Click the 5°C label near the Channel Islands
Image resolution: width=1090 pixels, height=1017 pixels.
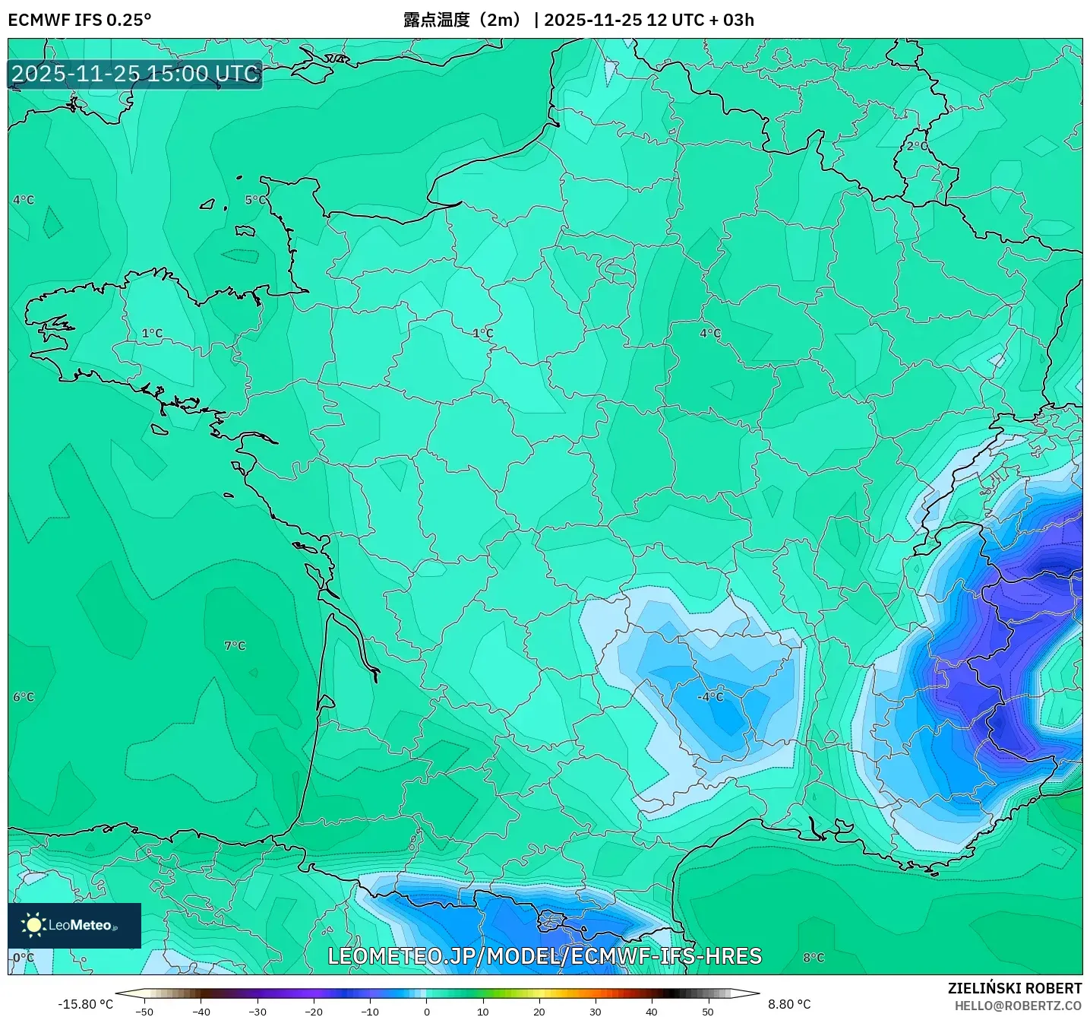255,200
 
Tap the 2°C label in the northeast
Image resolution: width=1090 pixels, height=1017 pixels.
917,146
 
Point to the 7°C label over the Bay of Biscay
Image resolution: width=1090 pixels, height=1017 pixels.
235,646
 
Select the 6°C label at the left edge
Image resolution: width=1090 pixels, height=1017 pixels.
24,697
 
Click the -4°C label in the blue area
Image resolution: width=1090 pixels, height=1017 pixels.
710,697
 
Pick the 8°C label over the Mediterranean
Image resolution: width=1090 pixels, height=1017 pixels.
814,958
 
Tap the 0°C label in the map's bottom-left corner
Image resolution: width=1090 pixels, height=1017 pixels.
24,958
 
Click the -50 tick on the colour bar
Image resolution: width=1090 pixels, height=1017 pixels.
144,1012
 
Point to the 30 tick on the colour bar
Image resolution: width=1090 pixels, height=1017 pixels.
595,1012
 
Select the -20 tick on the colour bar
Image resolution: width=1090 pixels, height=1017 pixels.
313,1012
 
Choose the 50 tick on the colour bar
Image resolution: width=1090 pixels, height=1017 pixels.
708,1012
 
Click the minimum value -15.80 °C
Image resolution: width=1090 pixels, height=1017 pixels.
85,1004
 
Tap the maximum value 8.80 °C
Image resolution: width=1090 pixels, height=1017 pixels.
789,1004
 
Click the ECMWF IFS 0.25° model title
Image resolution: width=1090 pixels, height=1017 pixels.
80,20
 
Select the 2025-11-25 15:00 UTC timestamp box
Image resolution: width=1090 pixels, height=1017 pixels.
135,74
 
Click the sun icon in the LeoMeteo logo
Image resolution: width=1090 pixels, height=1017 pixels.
34,925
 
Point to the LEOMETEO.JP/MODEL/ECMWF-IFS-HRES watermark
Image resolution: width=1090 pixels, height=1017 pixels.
545,956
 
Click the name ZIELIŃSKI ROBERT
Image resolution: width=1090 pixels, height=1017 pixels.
1015,988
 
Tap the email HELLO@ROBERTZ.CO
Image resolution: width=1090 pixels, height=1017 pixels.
1018,1006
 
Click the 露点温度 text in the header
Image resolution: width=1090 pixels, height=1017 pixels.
437,20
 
